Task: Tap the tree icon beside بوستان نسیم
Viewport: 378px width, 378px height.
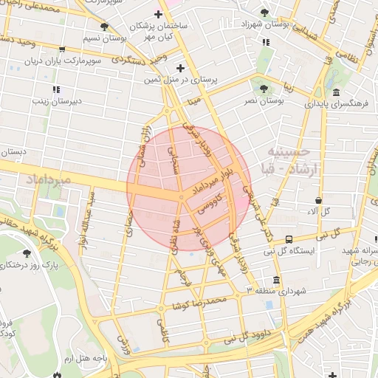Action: coord(104,27)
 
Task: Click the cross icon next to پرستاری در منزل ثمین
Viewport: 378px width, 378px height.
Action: coord(180,68)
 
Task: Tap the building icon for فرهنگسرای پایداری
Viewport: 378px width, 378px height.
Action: coord(336,93)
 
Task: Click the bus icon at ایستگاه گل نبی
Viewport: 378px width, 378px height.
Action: coord(288,239)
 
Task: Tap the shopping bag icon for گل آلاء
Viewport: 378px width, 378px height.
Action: coord(318,200)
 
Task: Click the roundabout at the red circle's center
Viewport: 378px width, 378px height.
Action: coord(182,197)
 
